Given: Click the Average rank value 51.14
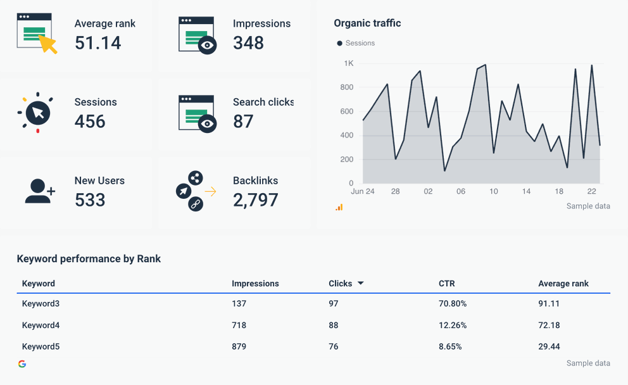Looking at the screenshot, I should pos(97,43).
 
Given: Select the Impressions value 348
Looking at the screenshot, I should pos(248,43).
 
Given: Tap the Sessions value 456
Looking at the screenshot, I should pos(90,122).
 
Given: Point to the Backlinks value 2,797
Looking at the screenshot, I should pos(255,200).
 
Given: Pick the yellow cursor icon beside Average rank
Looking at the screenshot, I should pos(47,43).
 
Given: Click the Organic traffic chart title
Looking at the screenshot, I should pos(367,23).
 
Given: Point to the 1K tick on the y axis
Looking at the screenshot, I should pos(349,63).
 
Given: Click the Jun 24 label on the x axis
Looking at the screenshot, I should pos(362,191).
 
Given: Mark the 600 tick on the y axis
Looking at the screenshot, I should pos(347,111).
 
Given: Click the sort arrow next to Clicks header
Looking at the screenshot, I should pos(361,283).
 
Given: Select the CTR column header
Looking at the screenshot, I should pos(446,284).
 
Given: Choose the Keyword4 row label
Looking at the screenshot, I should pos(41,325).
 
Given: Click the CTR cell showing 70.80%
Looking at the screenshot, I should pos(453,304).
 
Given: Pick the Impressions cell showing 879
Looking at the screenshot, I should pos(239,347).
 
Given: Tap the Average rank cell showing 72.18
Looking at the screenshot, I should pos(548,325).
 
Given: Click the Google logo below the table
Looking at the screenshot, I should pos(22,363).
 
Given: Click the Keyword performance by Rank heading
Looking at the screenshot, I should pos(89,259).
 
